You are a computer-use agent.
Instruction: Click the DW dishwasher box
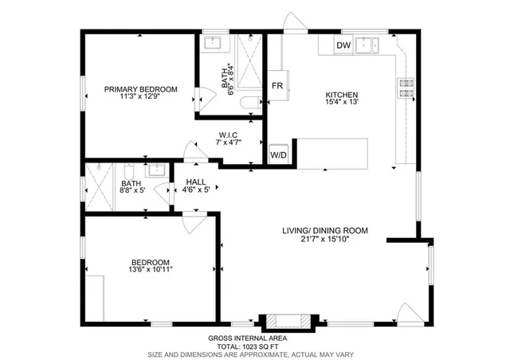coord(343,45)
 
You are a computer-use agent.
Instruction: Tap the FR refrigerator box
coord(277,85)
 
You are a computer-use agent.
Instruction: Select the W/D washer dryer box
coord(279,155)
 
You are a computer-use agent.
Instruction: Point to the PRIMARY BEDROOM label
coord(140,89)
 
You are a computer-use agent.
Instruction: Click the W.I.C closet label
coord(228,135)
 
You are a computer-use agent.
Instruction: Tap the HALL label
coord(196,182)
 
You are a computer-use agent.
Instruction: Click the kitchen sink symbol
coord(368,45)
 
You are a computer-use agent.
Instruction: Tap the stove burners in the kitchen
coord(406,88)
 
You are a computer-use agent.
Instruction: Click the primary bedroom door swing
coord(206,97)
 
